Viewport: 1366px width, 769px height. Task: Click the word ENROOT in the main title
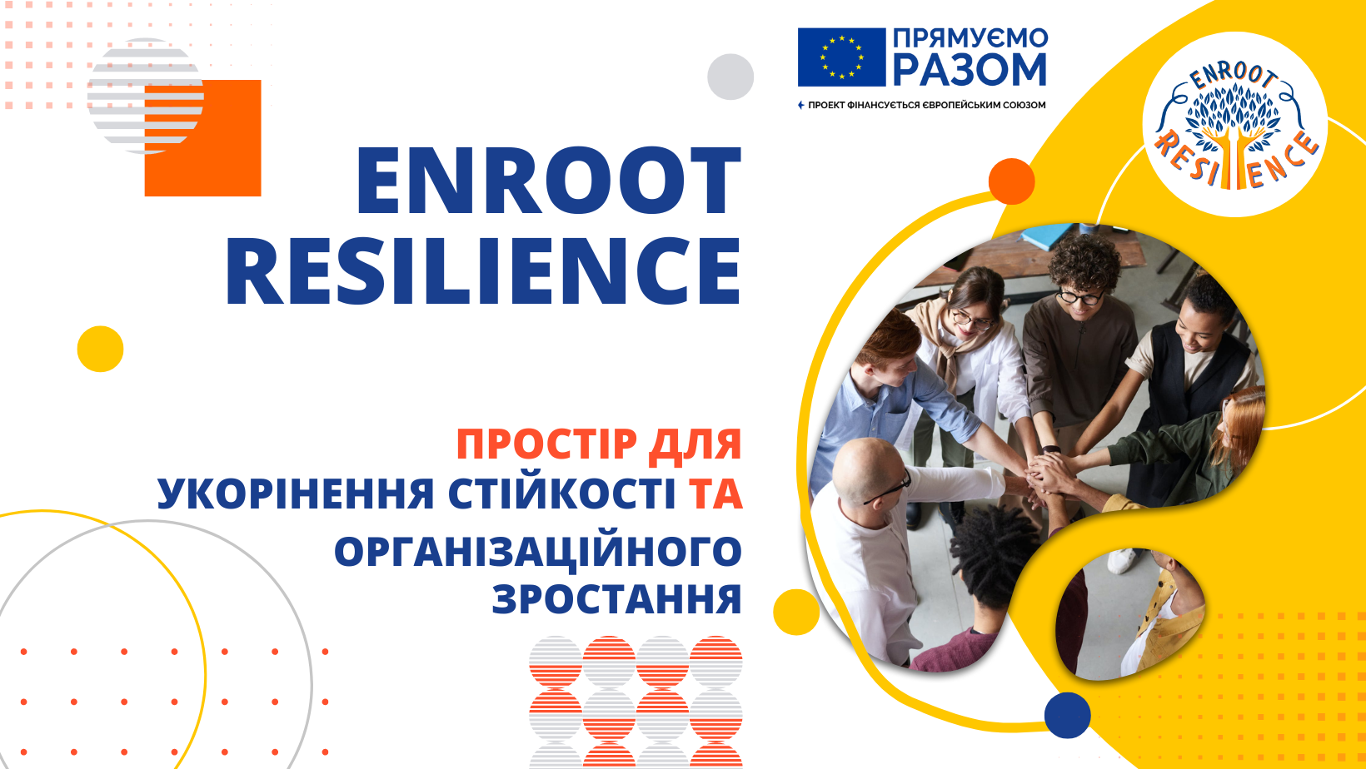[x=548, y=181]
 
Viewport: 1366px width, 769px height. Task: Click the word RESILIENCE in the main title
[x=483, y=270]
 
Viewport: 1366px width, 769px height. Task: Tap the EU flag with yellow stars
[x=841, y=57]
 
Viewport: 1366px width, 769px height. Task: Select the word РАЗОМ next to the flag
[x=970, y=70]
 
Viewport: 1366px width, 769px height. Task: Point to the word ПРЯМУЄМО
[x=970, y=37]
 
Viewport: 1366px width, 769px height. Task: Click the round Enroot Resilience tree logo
[x=1234, y=125]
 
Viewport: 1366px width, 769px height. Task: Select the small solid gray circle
[x=730, y=77]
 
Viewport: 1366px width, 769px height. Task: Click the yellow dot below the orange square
[x=100, y=349]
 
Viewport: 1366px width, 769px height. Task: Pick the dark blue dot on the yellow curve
[x=1067, y=715]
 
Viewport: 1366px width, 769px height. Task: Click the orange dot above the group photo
[x=1011, y=181]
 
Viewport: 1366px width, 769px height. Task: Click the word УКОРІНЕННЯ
[x=296, y=494]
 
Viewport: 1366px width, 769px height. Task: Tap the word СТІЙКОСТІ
[x=562, y=494]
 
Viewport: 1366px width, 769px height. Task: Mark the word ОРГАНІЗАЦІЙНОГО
[x=538, y=551]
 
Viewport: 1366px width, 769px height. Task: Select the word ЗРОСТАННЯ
[x=616, y=599]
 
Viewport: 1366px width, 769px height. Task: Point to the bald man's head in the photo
[x=866, y=466]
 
